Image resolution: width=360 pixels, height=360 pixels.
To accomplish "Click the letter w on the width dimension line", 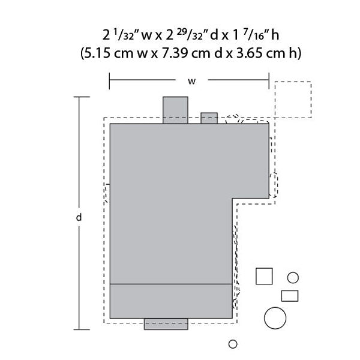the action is tap(192, 81).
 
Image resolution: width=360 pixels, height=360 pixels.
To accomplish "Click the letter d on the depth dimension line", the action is tap(79, 217).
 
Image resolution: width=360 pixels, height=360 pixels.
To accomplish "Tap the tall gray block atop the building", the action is tap(175, 110).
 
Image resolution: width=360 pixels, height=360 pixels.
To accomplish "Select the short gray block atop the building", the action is tap(209, 118).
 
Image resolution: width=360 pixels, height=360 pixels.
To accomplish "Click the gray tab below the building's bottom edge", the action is tap(166, 324).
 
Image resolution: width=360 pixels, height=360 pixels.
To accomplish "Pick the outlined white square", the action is tap(264, 276).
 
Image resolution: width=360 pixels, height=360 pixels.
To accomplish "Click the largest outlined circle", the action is tap(275, 318).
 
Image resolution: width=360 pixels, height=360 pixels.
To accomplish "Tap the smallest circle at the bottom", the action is tap(233, 344).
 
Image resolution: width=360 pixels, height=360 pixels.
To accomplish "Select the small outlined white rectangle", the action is tap(290, 296).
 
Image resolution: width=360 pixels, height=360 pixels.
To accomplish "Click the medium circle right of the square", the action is tap(293, 278).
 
